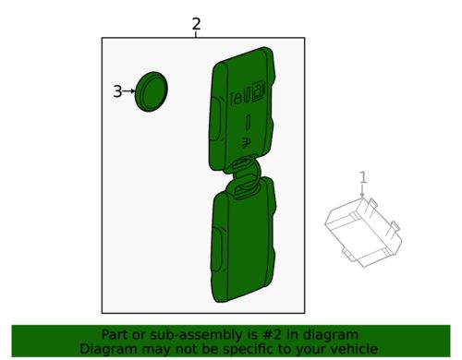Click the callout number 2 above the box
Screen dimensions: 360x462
tap(196, 24)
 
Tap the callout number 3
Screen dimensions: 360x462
tap(117, 91)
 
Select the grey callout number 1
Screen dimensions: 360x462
tap(363, 176)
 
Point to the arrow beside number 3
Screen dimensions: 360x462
tap(129, 91)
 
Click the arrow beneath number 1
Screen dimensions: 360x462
tap(363, 191)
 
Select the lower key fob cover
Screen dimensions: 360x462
tap(244, 245)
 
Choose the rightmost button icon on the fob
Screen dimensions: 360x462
tap(261, 90)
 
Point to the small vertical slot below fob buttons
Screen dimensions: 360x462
tap(249, 123)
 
